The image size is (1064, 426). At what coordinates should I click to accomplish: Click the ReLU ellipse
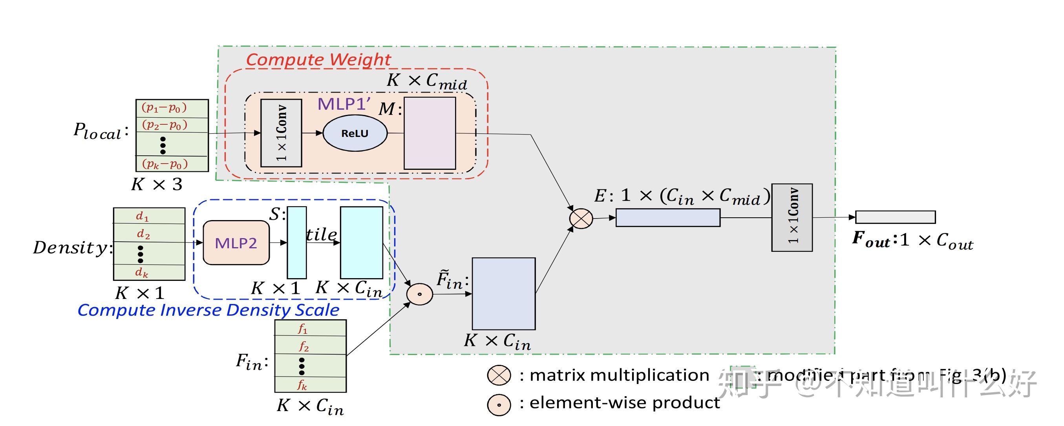pyautogui.click(x=355, y=133)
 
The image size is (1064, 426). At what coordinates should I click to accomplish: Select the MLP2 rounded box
pyautogui.click(x=236, y=243)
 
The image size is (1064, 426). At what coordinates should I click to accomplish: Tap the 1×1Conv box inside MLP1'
pyautogui.click(x=281, y=133)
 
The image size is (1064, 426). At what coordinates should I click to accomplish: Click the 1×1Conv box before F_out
pyautogui.click(x=792, y=218)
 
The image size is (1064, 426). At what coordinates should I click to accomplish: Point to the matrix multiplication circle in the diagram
pyautogui.click(x=581, y=218)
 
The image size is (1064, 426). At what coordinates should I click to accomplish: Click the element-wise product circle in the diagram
pyautogui.click(x=420, y=294)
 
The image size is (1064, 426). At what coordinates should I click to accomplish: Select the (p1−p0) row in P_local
pyautogui.click(x=172, y=109)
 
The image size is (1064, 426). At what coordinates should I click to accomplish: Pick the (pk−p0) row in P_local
pyautogui.click(x=172, y=164)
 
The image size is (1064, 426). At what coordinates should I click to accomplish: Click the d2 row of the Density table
pyautogui.click(x=149, y=233)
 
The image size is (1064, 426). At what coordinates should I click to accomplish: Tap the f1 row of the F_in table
pyautogui.click(x=311, y=328)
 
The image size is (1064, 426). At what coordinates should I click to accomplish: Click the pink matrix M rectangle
pyautogui.click(x=430, y=133)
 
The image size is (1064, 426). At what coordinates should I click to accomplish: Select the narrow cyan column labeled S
pyautogui.click(x=296, y=242)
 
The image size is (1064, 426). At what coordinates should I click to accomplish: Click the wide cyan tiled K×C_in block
pyautogui.click(x=362, y=242)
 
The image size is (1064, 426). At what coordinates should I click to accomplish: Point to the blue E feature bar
pyautogui.click(x=668, y=218)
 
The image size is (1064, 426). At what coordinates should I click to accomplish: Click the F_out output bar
pyautogui.click(x=895, y=217)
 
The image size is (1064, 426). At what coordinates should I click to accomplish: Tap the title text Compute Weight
pyautogui.click(x=318, y=60)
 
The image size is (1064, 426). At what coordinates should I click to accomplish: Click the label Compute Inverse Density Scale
pyautogui.click(x=208, y=310)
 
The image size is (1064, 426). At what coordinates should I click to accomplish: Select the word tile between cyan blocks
pyautogui.click(x=321, y=235)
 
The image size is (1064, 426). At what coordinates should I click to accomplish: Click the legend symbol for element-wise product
pyautogui.click(x=499, y=405)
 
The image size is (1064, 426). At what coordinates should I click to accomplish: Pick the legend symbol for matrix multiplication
pyautogui.click(x=499, y=375)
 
